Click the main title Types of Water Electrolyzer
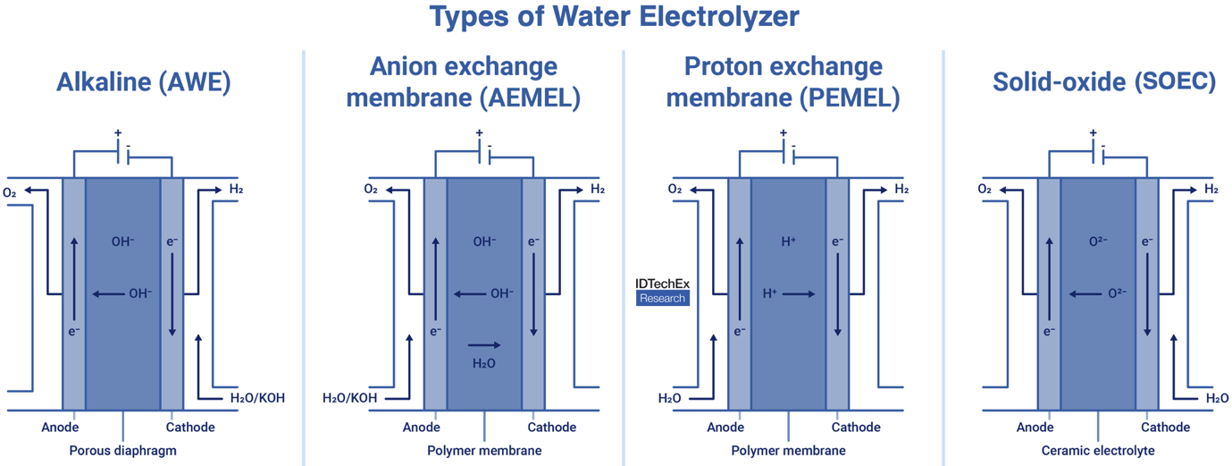point(615,18)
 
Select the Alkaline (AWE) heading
point(144,83)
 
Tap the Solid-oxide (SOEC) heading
point(1104,83)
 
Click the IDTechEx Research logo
point(662,291)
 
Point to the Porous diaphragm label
point(123,451)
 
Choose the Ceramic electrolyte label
point(1098,451)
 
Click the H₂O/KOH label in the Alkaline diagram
point(257,398)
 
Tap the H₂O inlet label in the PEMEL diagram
point(670,398)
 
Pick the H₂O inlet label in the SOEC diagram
point(1217,398)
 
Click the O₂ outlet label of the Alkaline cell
point(10,191)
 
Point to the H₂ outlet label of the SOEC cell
point(1211,190)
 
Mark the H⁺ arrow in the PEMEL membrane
point(799,293)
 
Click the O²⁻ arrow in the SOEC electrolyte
point(1089,293)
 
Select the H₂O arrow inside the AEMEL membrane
point(484,344)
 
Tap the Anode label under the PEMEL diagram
point(725,428)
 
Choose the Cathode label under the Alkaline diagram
point(190,428)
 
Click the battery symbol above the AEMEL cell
point(483,155)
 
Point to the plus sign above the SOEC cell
point(1092,133)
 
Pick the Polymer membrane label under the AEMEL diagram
point(484,451)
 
